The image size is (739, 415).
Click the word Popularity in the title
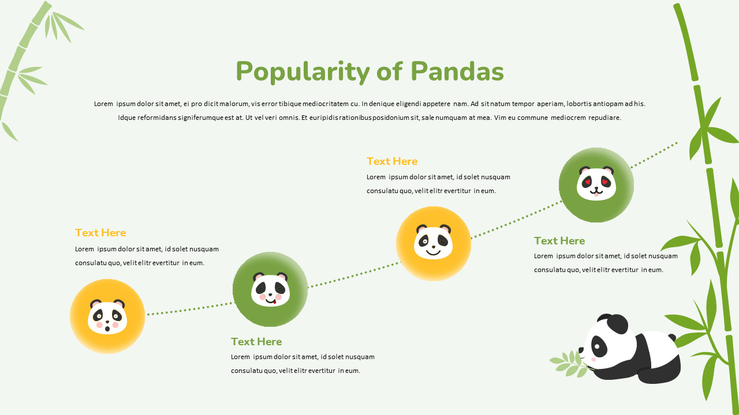click(x=303, y=73)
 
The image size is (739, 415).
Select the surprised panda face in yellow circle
click(x=107, y=316)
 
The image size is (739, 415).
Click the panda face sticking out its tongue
click(x=270, y=289)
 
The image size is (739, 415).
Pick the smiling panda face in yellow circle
click(x=434, y=243)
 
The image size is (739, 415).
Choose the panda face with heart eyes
click(x=596, y=184)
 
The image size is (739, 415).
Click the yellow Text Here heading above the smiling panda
click(x=391, y=161)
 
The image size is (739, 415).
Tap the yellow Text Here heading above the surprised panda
click(x=100, y=233)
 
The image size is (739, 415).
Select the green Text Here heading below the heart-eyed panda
click(x=559, y=241)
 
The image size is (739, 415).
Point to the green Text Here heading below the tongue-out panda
click(x=256, y=342)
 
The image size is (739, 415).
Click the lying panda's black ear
click(x=617, y=324)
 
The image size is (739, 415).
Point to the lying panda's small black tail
click(x=671, y=338)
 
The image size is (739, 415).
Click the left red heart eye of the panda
click(x=588, y=182)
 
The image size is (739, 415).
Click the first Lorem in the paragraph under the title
click(x=103, y=104)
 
